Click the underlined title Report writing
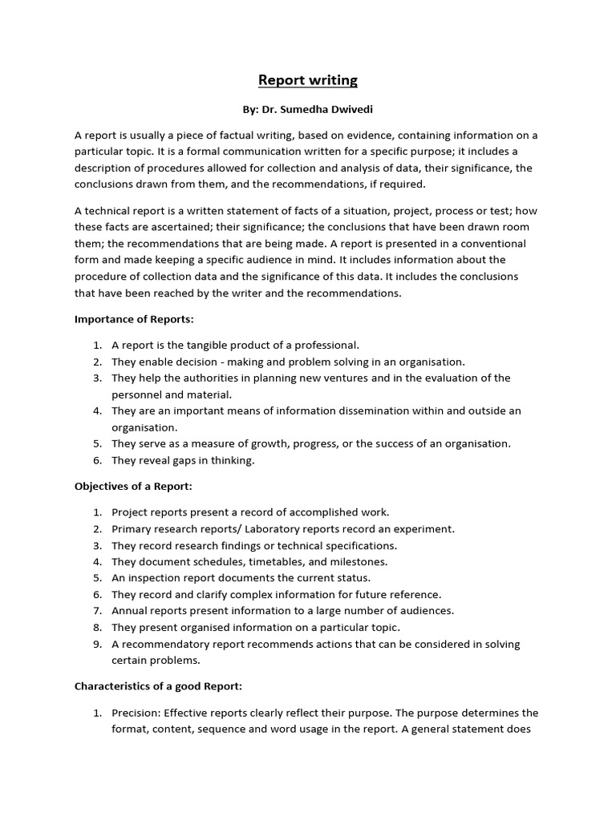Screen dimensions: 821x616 click(307, 80)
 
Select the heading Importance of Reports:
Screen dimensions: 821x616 click(135, 319)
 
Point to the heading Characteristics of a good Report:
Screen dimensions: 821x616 click(158, 686)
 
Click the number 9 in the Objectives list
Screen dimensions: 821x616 click(97, 645)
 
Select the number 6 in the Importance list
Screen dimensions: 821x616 click(97, 460)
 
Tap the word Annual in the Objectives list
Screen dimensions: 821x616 click(128, 611)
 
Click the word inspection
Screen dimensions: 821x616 click(152, 578)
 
